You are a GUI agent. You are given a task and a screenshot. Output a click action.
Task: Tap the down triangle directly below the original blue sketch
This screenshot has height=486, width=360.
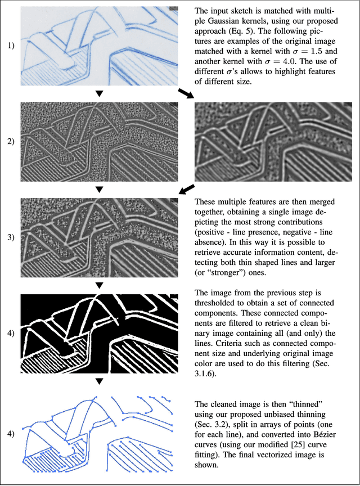[x=99, y=94]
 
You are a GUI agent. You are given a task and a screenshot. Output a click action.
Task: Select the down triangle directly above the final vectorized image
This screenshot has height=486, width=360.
[x=99, y=382]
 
